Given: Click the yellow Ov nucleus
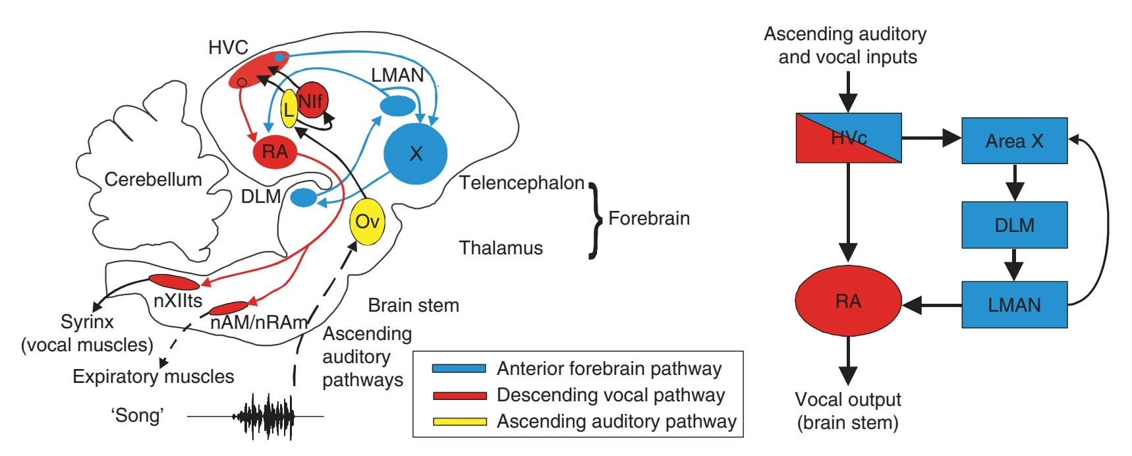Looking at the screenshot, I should coord(366,221).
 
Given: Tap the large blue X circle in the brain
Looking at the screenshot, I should coord(415,153).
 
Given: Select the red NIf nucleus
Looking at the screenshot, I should coord(312,101).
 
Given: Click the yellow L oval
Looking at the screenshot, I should coord(289,109).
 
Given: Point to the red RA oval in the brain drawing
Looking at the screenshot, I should coord(274,152).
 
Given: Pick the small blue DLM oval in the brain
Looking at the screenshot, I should coord(304,196).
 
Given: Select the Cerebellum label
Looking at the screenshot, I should coord(153,179).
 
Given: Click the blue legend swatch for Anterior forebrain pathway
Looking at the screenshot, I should coord(459,368).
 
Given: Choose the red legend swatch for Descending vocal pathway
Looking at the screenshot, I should coord(459,395).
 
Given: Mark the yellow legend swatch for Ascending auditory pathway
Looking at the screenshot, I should coord(459,422).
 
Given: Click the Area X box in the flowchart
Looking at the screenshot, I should coord(1014,141).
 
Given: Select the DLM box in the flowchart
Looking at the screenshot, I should coord(1014,225).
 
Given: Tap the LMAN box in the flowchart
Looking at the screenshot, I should coord(1014,304).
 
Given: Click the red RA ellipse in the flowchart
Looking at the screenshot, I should coord(848,301).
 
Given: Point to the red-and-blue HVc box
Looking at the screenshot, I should coord(848,138).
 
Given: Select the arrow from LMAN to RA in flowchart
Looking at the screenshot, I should coord(932,305).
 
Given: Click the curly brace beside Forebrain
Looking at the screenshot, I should coord(596,219).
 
